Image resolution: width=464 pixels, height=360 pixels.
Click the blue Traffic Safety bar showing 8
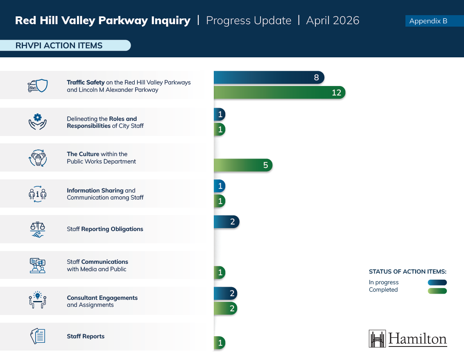[x=269, y=77]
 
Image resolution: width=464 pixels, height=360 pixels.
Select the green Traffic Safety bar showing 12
[x=280, y=93]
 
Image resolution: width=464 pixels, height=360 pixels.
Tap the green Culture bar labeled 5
[x=243, y=165]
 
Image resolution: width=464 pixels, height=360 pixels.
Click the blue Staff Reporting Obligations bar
[x=226, y=222]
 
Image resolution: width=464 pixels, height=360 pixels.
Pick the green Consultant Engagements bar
[x=226, y=308]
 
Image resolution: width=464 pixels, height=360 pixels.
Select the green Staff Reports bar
[x=220, y=343]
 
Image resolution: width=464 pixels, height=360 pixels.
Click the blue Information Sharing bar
[x=220, y=186]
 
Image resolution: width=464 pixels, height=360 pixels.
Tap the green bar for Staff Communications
[x=220, y=272]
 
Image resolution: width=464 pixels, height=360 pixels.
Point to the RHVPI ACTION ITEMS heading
[x=59, y=45]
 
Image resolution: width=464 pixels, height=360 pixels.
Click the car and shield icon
[x=38, y=86]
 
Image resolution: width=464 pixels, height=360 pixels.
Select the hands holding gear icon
[x=38, y=122]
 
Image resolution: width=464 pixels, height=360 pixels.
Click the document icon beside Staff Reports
[x=38, y=336]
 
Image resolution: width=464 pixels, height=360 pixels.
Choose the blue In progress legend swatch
[x=437, y=283]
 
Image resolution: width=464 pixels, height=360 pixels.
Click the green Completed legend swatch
[x=437, y=291]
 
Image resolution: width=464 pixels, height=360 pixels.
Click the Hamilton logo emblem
[x=377, y=338]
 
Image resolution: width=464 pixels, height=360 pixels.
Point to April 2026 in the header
[x=333, y=20]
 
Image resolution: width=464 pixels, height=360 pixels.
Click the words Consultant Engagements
[x=102, y=298]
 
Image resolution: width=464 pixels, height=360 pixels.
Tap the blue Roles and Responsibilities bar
[x=220, y=114]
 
